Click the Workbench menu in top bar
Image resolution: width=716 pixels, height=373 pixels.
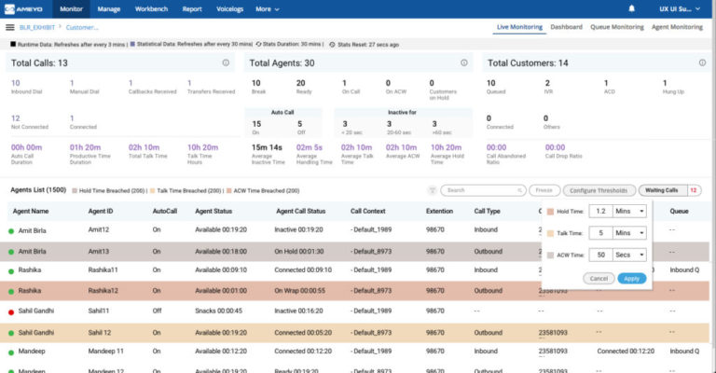coord(151,8)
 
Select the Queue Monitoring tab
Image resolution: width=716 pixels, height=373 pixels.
coord(617,27)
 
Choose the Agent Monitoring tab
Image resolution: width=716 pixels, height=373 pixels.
coord(677,27)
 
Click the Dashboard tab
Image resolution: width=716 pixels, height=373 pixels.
coord(566,27)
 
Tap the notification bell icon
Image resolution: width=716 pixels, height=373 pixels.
coord(631,8)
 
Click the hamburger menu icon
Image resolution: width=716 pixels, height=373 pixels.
coord(9,28)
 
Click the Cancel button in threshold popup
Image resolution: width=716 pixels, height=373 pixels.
coord(599,278)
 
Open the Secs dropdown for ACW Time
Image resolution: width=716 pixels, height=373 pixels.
coord(629,255)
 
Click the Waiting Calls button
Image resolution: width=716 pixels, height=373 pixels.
coord(662,190)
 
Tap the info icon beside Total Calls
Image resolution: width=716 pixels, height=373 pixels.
coord(226,62)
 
